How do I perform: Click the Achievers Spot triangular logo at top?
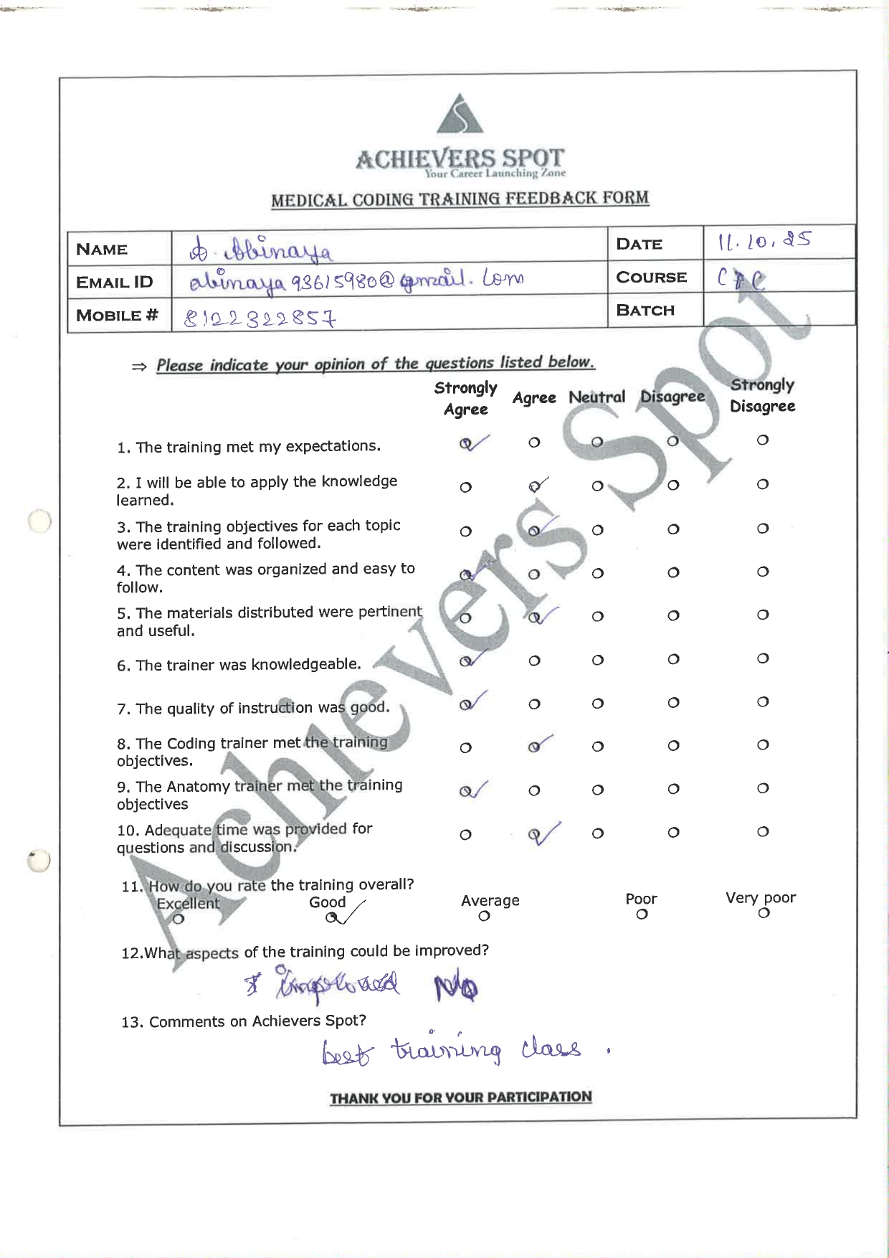coord(460,115)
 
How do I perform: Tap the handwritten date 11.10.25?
coord(764,241)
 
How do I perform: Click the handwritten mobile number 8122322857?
coord(260,318)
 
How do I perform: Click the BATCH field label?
coord(645,311)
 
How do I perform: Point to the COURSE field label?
coord(651,278)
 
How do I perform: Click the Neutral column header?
coord(596,397)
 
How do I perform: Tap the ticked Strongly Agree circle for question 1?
coord(466,444)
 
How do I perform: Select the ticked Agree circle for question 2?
coord(535,487)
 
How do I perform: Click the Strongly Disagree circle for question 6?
coord(763,658)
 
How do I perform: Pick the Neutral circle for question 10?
coord(598,833)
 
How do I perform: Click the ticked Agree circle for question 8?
coord(535,747)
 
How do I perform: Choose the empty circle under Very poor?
coord(764,913)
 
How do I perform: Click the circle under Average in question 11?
coord(485,917)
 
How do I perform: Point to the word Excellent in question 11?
coord(188,904)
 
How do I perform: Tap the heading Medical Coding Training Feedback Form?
coord(460,199)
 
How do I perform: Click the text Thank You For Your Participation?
coord(461,1097)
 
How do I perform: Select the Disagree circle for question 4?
coord(673,572)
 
